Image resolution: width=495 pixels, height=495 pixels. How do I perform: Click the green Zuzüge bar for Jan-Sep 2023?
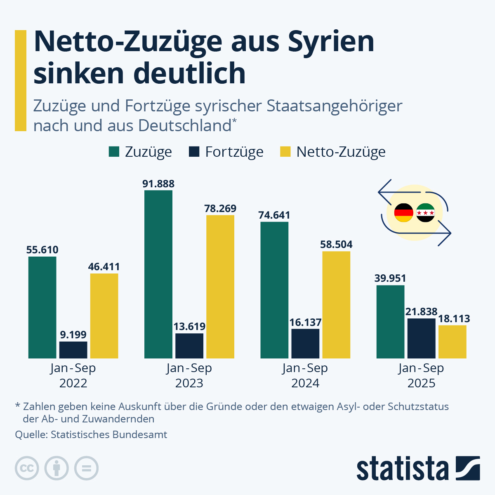coord(158,274)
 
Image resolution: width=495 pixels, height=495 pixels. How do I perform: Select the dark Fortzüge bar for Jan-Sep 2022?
coord(73,350)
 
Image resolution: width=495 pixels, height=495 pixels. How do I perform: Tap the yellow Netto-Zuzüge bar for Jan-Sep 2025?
coord(452,342)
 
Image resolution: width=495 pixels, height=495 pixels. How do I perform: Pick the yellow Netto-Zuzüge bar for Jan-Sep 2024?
coord(336,304)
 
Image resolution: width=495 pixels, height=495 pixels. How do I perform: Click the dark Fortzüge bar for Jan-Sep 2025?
coord(421,338)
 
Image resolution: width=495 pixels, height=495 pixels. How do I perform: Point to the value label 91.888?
coord(158,184)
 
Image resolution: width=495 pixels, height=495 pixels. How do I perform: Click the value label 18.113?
coord(454,318)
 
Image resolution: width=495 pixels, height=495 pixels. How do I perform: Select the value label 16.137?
coord(305,322)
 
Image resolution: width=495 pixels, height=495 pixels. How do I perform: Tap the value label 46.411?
coord(104,266)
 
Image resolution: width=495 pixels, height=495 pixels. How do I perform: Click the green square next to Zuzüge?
coord(114,152)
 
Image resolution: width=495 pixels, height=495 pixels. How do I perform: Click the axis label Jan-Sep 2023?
coord(189,375)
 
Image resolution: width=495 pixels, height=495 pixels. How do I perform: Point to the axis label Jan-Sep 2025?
coord(421,375)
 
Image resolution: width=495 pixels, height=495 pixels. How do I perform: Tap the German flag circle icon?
coord(403,213)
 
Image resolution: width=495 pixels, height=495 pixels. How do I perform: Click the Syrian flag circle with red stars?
coord(425,213)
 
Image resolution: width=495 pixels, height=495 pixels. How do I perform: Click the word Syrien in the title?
coord(331,42)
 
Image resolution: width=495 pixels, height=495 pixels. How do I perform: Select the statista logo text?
coord(402,469)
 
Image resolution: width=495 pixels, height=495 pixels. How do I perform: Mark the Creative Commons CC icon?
coord(27,469)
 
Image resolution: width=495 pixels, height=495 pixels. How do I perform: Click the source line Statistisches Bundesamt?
coord(91,434)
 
